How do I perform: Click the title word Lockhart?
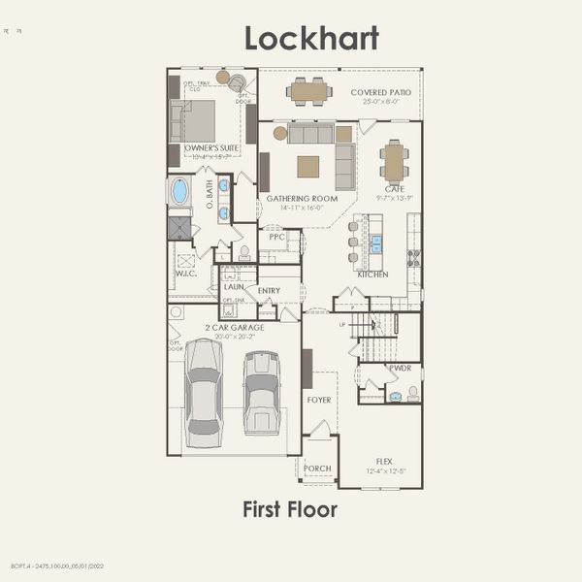(x=311, y=38)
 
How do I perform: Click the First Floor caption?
(x=290, y=509)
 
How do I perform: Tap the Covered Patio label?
(x=379, y=91)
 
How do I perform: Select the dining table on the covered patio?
(x=309, y=92)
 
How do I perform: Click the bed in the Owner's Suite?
(x=195, y=120)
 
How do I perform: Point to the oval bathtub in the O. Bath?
(x=179, y=190)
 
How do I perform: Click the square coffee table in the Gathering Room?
(x=307, y=167)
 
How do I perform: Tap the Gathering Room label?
(x=303, y=198)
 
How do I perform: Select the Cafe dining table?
(x=393, y=162)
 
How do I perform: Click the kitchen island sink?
(x=376, y=243)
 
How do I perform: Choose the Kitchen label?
(x=372, y=275)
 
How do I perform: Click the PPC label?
(x=276, y=236)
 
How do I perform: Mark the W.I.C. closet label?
(x=185, y=274)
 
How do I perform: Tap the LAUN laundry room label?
(x=233, y=287)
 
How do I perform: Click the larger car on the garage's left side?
(x=204, y=392)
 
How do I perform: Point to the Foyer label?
(x=319, y=400)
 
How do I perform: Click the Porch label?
(x=317, y=469)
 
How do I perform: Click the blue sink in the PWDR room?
(x=395, y=396)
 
